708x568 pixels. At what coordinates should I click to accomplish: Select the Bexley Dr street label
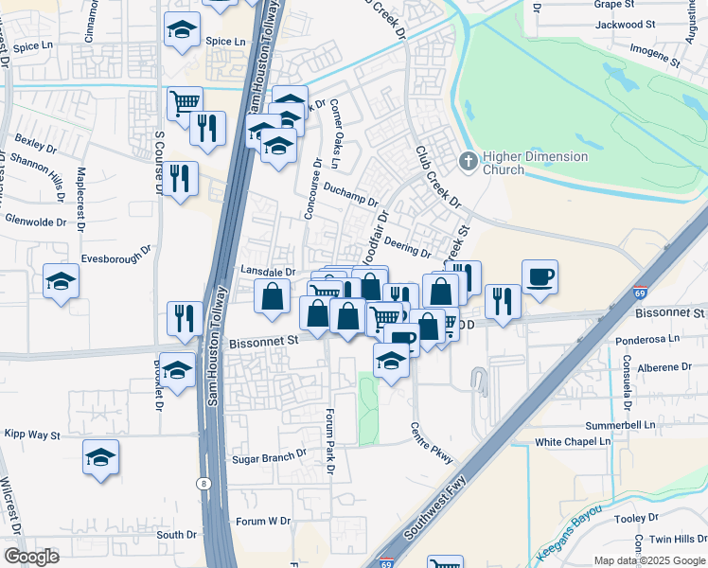36,146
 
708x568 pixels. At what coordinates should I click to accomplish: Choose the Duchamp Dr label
349,195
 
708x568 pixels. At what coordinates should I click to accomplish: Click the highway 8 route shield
204,484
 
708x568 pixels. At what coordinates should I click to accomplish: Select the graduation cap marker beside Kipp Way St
101,458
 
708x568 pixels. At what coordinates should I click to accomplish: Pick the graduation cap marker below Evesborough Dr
61,281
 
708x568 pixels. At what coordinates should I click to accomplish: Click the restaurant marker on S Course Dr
180,177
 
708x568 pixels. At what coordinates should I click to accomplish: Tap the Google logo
31,556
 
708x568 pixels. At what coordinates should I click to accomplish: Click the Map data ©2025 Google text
648,560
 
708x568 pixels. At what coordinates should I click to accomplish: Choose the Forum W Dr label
264,521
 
